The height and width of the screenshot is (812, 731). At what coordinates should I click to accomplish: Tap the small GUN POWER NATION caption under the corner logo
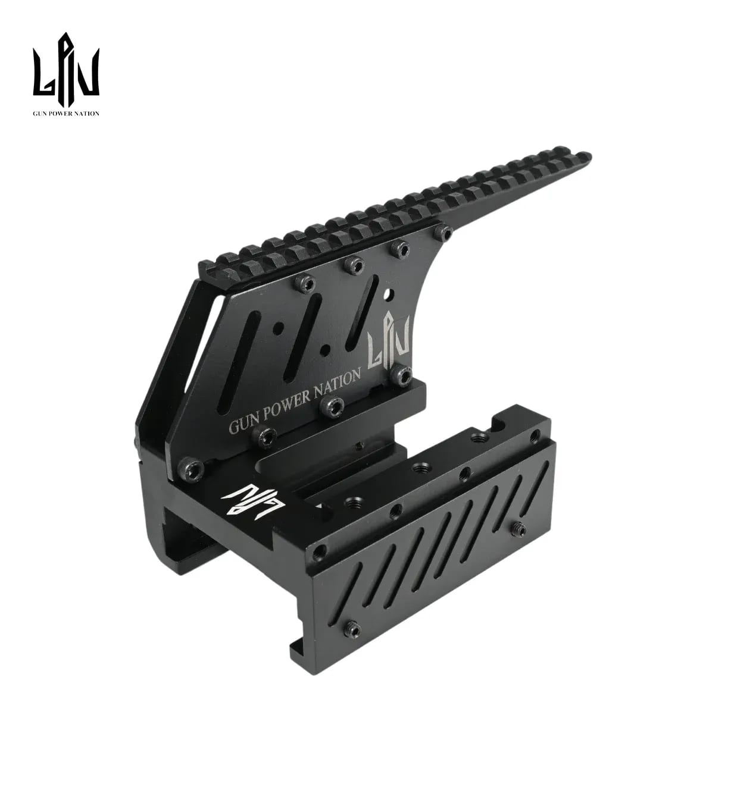(x=66, y=114)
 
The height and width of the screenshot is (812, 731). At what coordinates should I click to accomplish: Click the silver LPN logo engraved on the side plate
(x=389, y=340)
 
